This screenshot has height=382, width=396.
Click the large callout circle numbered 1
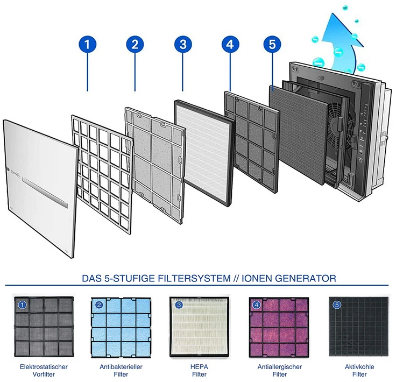pos(87,45)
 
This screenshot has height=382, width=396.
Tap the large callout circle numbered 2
pos(135,45)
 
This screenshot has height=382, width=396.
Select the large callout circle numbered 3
pos(183,45)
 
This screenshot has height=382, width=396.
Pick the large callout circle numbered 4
pos(230,45)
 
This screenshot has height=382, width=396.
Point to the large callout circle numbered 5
pos(272,45)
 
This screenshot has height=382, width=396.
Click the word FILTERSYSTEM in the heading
pos(194,278)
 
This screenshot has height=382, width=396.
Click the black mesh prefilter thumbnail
pos(44,327)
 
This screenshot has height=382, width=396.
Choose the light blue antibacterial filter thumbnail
pos(121,327)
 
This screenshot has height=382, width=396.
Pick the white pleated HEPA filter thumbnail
pos(200,327)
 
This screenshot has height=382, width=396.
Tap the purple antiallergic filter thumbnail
pos(279,327)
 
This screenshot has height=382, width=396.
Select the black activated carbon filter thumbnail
pos(359,327)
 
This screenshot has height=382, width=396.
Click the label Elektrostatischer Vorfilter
pos(44,370)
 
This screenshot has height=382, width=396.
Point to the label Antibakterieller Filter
pos(121,370)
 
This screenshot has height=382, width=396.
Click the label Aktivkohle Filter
pos(359,370)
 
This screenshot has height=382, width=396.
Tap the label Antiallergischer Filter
pos(280,370)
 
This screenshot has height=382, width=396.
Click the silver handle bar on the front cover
pos(45,193)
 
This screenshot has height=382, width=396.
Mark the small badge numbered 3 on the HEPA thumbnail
pos(179,305)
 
